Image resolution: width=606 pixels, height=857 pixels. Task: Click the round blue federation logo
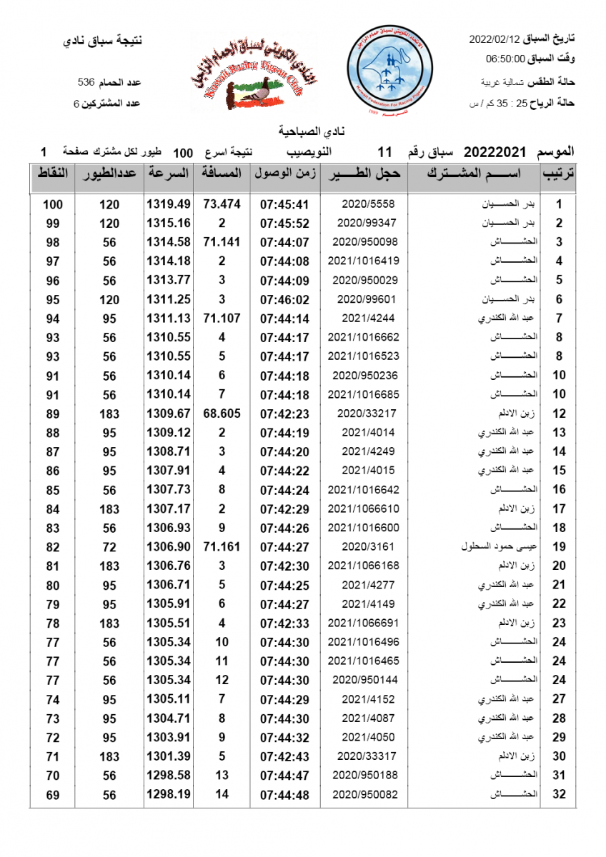pos(389,68)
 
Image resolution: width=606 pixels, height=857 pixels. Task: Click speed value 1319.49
pos(169,204)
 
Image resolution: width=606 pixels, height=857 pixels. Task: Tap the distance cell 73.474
pos(222,204)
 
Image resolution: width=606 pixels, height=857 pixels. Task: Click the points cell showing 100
pos(53,204)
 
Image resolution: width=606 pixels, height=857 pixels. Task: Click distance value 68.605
pos(222,414)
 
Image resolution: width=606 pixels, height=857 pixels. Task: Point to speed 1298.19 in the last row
pos(169,794)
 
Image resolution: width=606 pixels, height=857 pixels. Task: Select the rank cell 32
pos(560,794)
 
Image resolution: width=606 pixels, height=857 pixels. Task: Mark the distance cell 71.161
pos(222,548)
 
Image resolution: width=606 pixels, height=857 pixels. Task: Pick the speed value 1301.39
pos(169,756)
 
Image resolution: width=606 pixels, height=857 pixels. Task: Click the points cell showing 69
pos(53,794)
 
